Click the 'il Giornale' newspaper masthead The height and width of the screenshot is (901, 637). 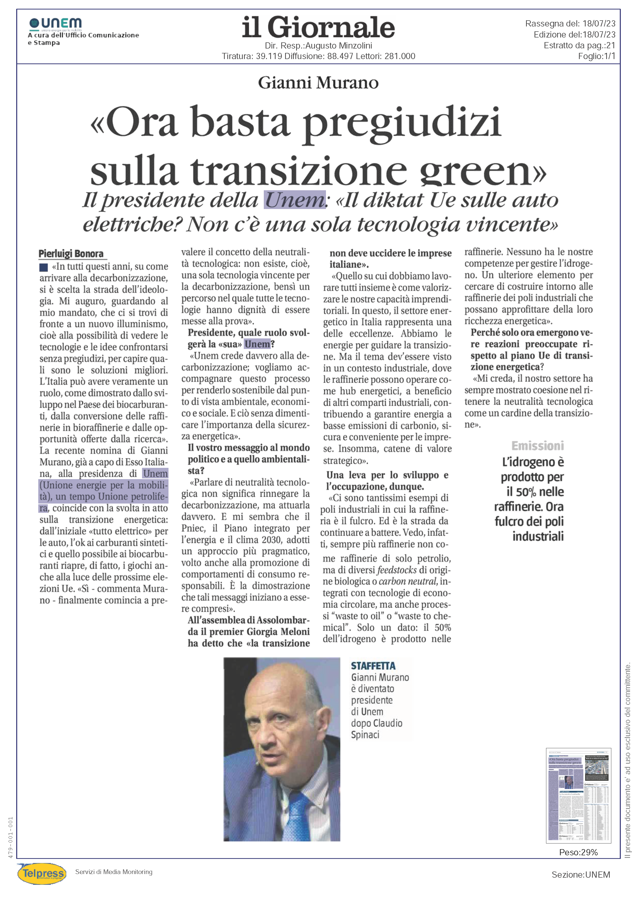(318, 27)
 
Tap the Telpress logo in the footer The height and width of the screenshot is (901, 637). (42, 874)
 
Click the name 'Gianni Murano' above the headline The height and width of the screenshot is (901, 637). (318, 82)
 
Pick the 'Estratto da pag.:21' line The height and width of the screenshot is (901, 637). (579, 45)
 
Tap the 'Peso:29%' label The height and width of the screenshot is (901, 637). (578, 852)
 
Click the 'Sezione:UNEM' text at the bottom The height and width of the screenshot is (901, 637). (580, 875)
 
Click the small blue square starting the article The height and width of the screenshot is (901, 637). (44, 267)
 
